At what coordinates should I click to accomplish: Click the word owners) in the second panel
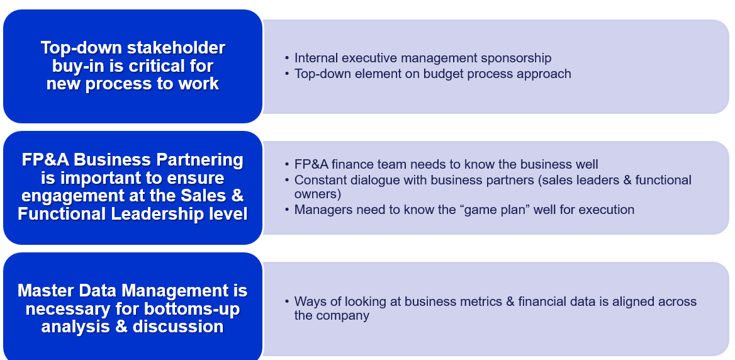click(317, 194)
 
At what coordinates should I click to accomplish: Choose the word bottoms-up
click(191, 309)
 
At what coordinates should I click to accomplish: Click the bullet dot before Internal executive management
click(287, 58)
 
